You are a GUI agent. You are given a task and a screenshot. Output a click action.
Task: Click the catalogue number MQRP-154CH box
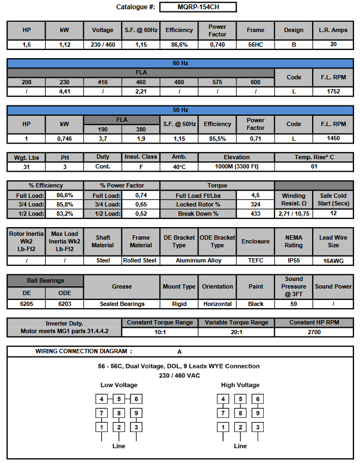tap(198, 7)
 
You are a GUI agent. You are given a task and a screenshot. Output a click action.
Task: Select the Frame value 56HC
tap(256, 45)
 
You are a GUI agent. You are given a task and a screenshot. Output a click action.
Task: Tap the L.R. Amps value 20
tap(333, 45)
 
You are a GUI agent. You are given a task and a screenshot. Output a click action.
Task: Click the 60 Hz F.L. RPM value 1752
tap(333, 92)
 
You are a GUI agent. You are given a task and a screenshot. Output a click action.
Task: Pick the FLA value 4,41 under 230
tap(65, 92)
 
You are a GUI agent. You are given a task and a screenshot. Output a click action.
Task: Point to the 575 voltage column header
tap(218, 82)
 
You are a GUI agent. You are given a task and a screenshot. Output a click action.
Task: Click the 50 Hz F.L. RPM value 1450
tap(333, 139)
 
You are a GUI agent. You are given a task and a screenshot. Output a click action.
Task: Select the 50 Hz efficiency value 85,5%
tap(218, 139)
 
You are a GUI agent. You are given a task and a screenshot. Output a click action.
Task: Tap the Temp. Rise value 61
tap(314, 166)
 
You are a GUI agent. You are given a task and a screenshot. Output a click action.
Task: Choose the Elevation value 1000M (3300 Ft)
tap(237, 166)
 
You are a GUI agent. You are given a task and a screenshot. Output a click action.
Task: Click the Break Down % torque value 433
tap(256, 214)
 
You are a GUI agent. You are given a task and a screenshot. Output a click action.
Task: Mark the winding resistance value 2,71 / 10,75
tap(294, 214)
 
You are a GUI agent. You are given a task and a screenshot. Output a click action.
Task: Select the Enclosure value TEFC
tap(256, 260)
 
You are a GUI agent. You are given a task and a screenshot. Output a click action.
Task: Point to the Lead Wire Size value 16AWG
tap(333, 261)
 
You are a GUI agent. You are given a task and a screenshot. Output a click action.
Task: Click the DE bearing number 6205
tap(27, 304)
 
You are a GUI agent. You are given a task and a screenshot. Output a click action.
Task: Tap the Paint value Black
tap(256, 304)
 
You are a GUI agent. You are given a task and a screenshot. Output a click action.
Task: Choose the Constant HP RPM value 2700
tap(314, 331)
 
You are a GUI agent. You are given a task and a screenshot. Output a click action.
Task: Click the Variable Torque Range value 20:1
tap(237, 331)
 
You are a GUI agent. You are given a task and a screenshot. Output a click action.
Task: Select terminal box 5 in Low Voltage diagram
tap(119, 399)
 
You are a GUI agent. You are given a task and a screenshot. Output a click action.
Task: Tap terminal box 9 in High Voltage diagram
tap(257, 414)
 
